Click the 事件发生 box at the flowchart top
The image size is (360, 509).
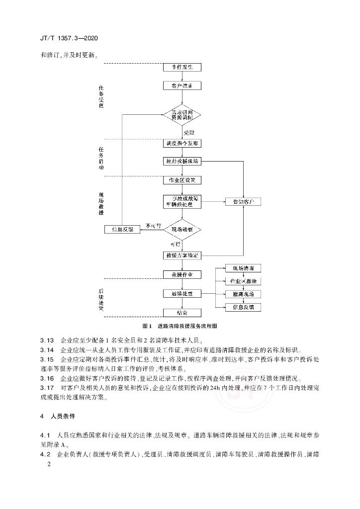coord(182,67)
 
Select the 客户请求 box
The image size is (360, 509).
coord(182,85)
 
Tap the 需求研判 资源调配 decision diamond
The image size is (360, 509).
coord(182,115)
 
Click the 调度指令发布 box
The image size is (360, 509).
coord(182,143)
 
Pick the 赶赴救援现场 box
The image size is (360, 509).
coord(182,162)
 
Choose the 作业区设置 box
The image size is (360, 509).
coord(182,180)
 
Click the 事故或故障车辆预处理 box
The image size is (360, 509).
coord(182,201)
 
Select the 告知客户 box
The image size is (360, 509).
coord(243,202)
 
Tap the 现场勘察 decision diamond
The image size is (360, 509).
coord(182,230)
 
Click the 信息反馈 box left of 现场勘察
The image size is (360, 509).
coord(123,229)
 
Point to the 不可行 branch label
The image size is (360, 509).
coord(153,226)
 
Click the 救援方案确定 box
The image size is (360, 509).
coord(182,255)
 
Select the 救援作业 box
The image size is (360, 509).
coord(182,274)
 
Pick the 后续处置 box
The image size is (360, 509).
coord(182,294)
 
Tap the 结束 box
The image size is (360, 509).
coord(182,313)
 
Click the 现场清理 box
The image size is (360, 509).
coord(243,268)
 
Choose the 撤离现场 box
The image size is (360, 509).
coord(243,294)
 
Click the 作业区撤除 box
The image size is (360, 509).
coord(243,281)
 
